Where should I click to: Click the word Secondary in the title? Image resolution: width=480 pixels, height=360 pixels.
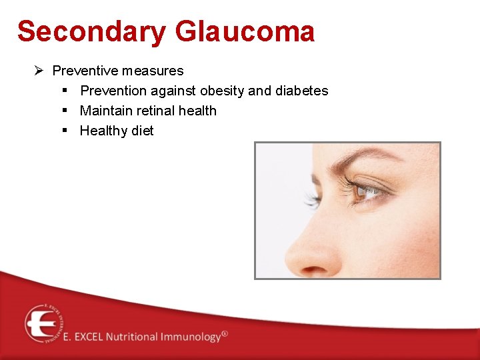click(x=91, y=31)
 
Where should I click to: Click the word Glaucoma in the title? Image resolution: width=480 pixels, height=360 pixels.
click(x=245, y=31)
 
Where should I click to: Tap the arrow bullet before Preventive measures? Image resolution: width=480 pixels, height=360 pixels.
click(x=39, y=70)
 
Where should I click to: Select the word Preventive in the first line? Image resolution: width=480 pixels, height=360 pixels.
click(x=83, y=70)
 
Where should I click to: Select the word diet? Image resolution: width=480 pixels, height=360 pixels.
click(x=142, y=131)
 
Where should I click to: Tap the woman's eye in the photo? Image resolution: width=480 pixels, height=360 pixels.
click(x=365, y=191)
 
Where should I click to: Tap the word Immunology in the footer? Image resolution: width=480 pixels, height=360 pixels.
click(x=190, y=337)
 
